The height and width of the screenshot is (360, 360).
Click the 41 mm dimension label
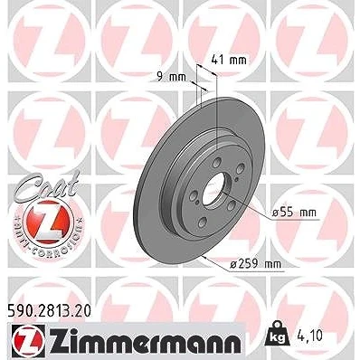pyautogui.click(x=229, y=61)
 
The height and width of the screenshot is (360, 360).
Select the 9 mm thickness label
pyautogui.click(x=171, y=77)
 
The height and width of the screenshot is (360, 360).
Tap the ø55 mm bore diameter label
pyautogui.click(x=294, y=213)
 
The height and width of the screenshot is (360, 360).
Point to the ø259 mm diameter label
pyautogui.click(x=255, y=264)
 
